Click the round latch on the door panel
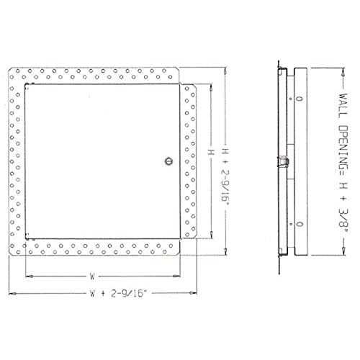tap(169, 161)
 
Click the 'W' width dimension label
tap(92, 276)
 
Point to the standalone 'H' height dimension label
tap(211, 152)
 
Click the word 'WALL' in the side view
tap(343, 106)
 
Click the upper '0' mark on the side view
tap(300, 99)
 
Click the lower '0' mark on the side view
tap(300, 224)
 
